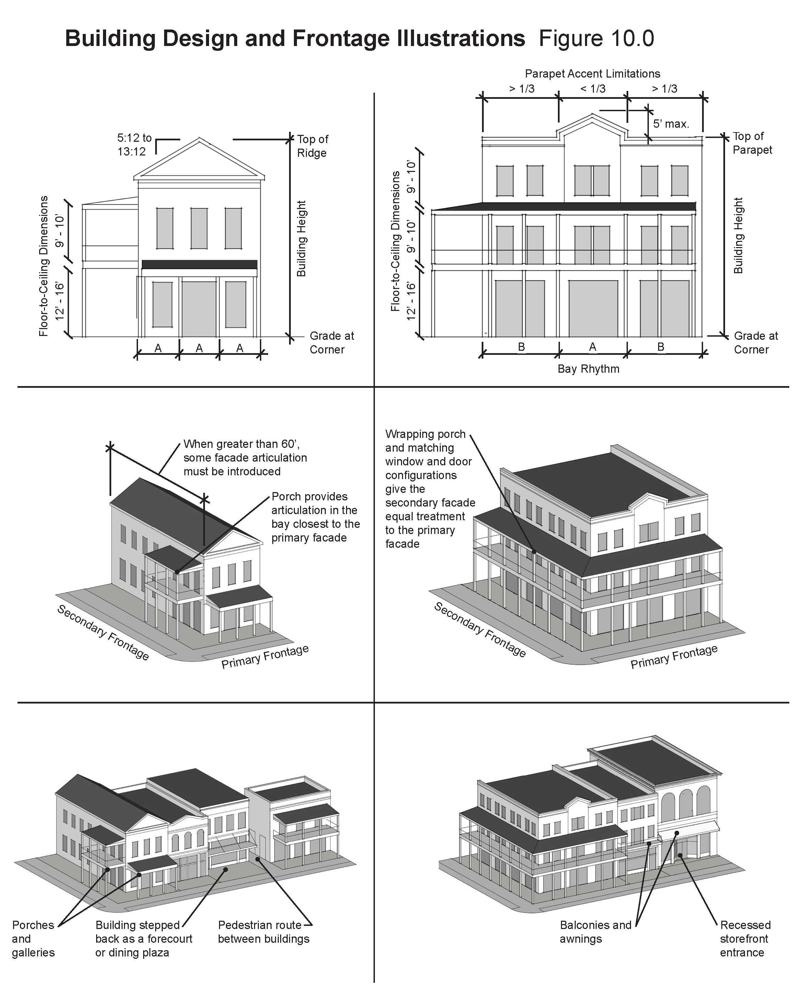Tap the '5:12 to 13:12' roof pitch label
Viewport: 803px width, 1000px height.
pos(134,145)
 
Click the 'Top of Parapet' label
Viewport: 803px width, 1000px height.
pos(752,143)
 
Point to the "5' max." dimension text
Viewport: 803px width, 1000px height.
pos(671,124)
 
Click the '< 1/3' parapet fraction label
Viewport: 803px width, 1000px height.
pos(593,89)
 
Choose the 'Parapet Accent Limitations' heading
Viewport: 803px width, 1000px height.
pos(593,74)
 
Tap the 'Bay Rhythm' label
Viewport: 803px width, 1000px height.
pos(588,369)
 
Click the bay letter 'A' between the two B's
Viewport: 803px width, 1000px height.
pos(593,347)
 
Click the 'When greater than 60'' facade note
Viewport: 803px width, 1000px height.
pos(245,457)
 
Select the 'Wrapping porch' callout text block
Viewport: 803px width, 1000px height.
pos(430,489)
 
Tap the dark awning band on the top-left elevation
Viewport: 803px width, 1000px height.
pos(199,264)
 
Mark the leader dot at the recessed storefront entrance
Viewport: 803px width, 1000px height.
pos(680,855)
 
